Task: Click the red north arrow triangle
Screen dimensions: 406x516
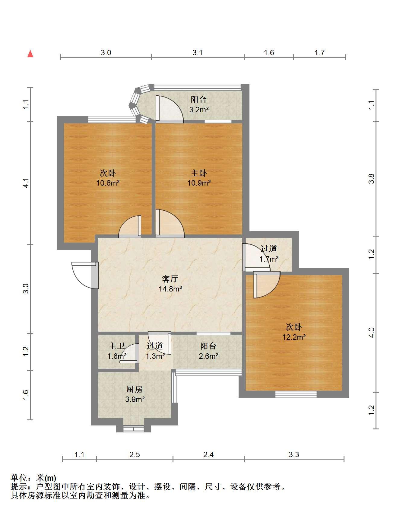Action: point(30,54)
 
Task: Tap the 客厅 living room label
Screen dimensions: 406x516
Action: point(170,279)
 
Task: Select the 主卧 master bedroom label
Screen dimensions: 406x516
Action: point(199,173)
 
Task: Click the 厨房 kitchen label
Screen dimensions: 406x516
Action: point(134,389)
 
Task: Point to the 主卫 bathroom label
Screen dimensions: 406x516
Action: point(117,346)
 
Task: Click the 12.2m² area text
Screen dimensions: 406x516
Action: point(294,337)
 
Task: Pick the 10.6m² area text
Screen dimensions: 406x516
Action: point(108,183)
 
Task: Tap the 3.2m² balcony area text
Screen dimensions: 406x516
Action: point(199,110)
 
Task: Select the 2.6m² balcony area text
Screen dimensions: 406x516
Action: point(208,356)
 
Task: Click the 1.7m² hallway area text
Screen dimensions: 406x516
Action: point(269,259)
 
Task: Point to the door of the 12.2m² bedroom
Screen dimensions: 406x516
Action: point(267,285)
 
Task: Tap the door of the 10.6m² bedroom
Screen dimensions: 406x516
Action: point(130,226)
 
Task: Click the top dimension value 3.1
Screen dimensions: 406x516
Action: point(198,53)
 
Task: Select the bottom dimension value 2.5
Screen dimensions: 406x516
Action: point(135,454)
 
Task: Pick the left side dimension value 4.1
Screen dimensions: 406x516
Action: point(27,183)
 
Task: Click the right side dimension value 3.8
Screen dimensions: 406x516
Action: point(372,179)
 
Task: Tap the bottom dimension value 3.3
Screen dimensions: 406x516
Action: point(294,454)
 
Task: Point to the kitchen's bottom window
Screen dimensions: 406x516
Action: point(134,428)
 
